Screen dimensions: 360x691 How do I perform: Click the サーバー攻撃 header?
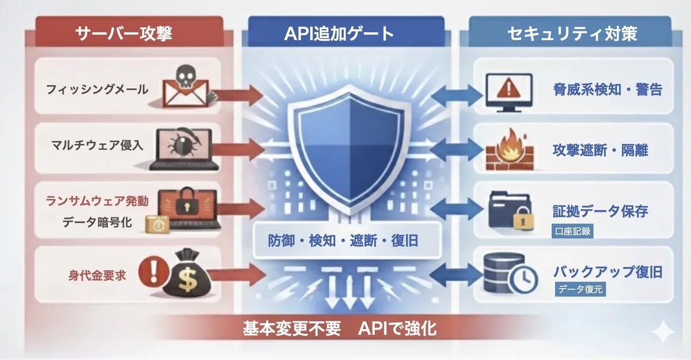pyautogui.click(x=124, y=33)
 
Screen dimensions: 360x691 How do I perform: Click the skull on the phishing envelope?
pyautogui.click(x=183, y=75)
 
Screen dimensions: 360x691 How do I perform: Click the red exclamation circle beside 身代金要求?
pyautogui.click(x=151, y=268)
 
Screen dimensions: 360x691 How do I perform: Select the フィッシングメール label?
pyautogui.click(x=97, y=89)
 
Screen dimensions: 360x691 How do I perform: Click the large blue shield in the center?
pyautogui.click(x=345, y=147)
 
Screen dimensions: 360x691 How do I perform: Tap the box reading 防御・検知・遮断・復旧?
pyautogui.click(x=343, y=241)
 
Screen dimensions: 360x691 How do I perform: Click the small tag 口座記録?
pyautogui.click(x=571, y=232)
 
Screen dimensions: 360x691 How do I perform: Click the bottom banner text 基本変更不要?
pyautogui.click(x=291, y=329)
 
